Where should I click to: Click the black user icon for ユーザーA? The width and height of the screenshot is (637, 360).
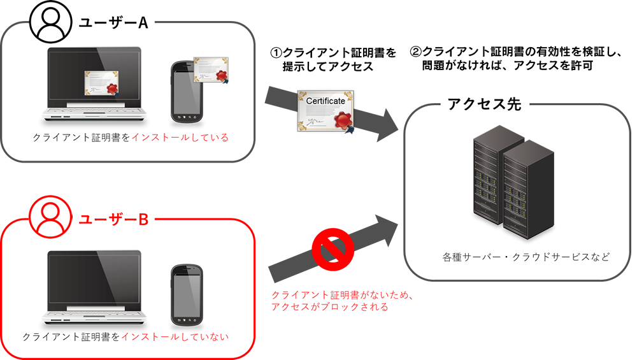pos(49,24)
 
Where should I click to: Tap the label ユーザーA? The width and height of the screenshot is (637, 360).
pos(113,23)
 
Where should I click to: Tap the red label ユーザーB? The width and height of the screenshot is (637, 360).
pos(113,219)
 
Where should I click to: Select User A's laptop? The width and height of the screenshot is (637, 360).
pos(96,86)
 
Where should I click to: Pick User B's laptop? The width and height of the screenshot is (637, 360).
pos(96,284)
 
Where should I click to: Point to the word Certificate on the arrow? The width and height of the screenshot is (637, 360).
pos(326,101)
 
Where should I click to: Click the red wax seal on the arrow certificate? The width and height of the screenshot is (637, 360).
pos(343,119)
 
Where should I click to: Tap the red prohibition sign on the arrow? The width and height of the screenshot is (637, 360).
pos(332,246)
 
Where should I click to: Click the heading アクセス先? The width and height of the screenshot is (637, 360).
pos(484,104)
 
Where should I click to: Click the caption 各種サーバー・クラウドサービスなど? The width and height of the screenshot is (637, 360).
pos(526,257)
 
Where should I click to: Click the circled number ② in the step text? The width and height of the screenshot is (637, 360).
pos(415,52)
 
